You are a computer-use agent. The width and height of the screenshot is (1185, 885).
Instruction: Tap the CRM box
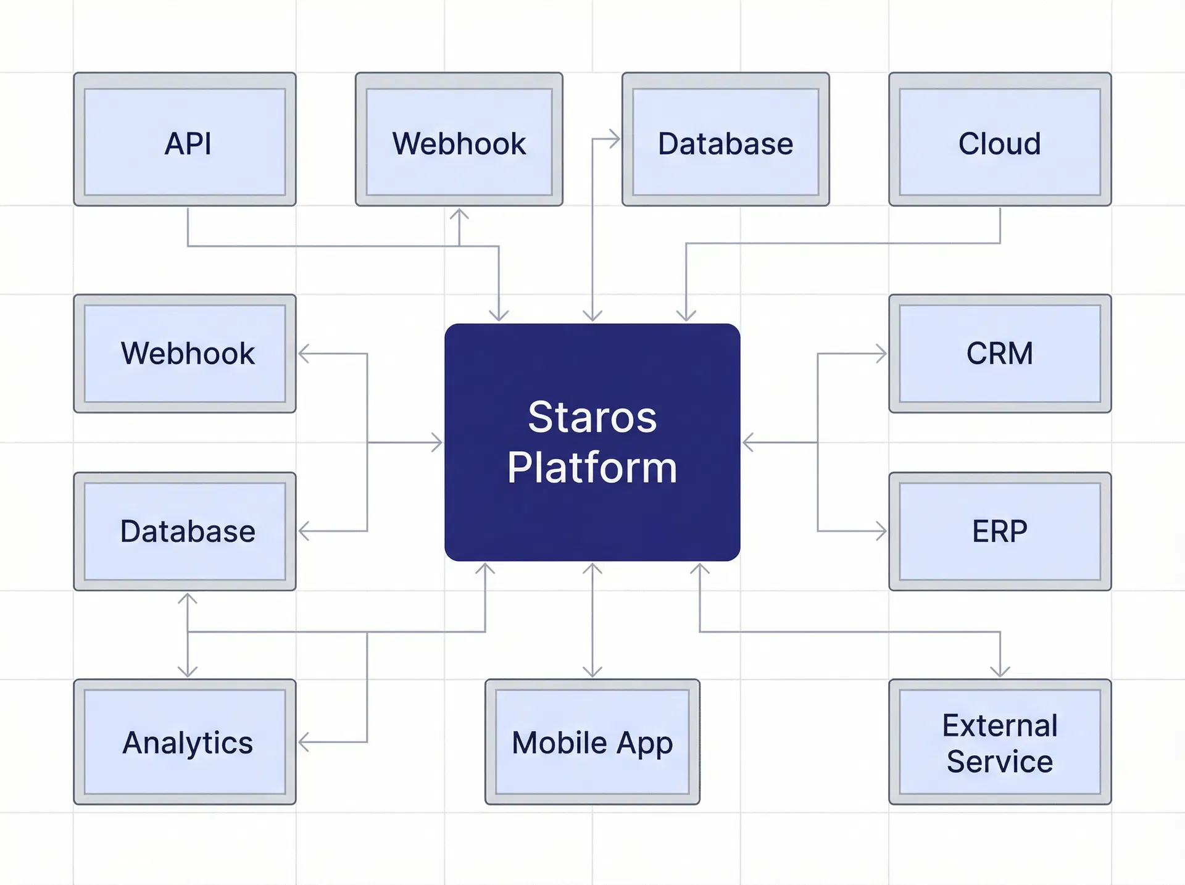click(x=1000, y=354)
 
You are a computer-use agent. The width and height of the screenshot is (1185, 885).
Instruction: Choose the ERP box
click(x=1000, y=531)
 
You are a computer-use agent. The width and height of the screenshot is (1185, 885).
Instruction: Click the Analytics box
click(x=185, y=742)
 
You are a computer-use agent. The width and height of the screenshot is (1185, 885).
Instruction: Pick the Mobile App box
click(x=592, y=742)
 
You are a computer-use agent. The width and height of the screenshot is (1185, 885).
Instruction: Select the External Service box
click(x=1000, y=742)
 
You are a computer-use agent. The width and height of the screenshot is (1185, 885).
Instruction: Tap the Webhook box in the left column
click(x=185, y=354)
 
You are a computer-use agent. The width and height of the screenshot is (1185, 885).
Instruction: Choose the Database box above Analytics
click(x=185, y=531)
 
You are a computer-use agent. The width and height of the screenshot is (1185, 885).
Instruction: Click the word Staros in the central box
click(x=592, y=417)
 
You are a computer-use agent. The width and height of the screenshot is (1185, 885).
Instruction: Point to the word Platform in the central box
click(x=592, y=467)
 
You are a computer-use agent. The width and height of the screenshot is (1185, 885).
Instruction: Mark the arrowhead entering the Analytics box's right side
click(x=303, y=742)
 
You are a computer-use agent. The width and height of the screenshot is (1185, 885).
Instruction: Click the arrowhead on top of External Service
click(x=1000, y=671)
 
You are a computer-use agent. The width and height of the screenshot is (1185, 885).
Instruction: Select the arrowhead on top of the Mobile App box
click(x=592, y=671)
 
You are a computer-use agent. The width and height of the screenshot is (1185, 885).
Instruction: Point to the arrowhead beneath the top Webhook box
click(x=459, y=214)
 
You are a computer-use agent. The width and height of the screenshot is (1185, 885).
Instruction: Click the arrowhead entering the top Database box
click(x=615, y=139)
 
